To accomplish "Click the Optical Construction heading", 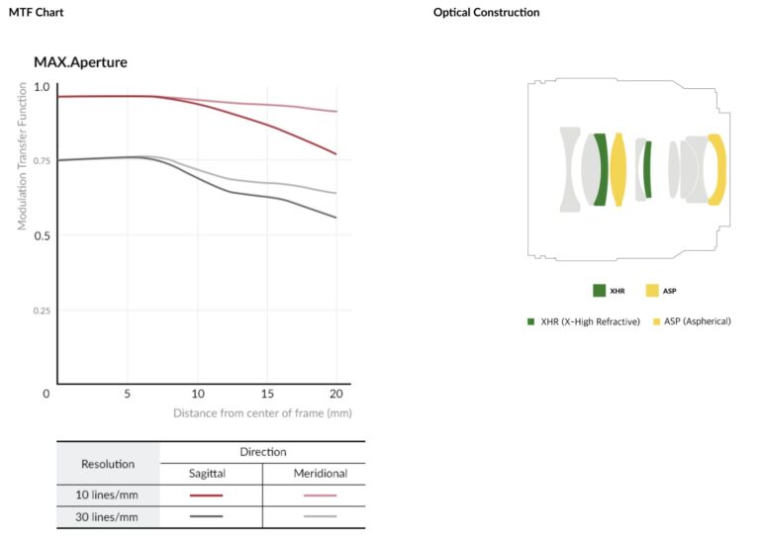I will point(487,13).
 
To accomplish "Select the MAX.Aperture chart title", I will point(80,62).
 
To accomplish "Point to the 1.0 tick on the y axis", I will point(41,87).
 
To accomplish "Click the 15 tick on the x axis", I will point(267,393).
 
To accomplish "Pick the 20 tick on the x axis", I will point(336,393).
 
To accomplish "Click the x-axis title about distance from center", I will point(262,412).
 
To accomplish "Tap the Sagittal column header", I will point(207,474).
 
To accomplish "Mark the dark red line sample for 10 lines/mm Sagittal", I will point(207,494).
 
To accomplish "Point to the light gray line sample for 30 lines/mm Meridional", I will point(321,515).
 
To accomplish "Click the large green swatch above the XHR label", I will point(599,291).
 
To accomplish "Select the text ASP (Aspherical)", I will point(697,321).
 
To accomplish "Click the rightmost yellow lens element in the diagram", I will point(718,169).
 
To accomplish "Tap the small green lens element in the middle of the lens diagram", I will point(647,169).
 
